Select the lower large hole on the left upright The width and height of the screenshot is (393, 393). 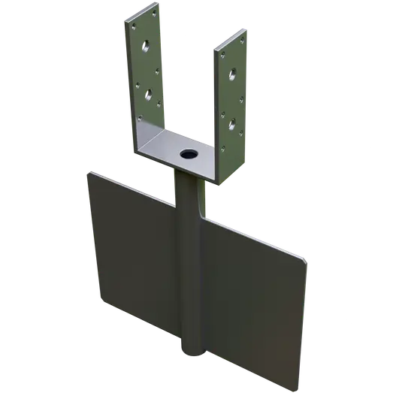(150, 95)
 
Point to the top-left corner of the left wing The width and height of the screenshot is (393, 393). (90, 172)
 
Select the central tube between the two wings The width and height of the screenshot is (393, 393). (192, 286)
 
